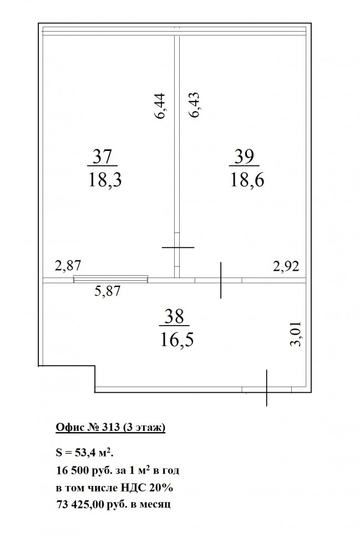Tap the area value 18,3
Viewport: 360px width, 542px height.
105,180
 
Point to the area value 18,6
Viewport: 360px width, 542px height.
247,180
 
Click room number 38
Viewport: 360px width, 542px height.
174,316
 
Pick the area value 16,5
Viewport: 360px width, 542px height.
176,340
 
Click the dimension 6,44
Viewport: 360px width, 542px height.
161,106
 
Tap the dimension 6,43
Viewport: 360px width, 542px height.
194,105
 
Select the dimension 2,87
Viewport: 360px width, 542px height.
68,266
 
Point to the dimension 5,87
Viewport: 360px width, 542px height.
108,291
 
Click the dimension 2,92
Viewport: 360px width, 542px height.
286,266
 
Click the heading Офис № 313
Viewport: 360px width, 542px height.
88,428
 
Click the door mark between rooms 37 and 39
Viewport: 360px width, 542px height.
178,247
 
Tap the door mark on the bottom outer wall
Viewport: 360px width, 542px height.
266,387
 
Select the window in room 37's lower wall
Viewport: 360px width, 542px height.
110,278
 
